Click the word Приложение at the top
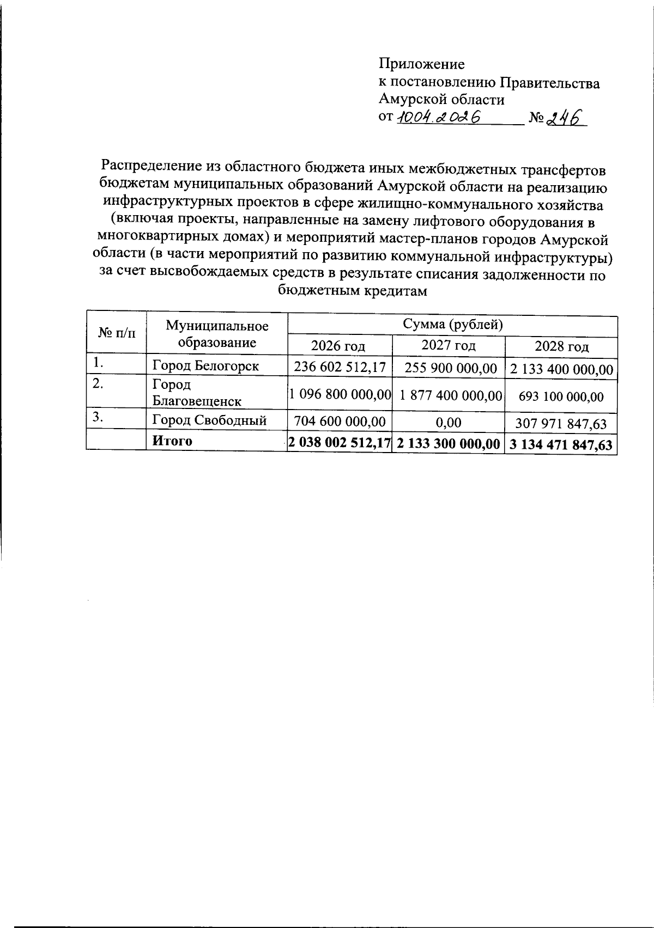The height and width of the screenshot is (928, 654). click(x=422, y=64)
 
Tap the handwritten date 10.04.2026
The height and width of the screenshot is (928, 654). click(x=439, y=117)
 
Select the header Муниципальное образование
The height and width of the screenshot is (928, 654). click(x=217, y=334)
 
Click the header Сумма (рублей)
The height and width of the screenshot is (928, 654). click(x=452, y=325)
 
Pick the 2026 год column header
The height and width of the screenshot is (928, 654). click(x=338, y=346)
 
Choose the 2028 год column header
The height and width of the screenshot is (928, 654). click(x=561, y=346)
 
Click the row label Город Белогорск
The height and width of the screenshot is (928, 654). click(x=205, y=365)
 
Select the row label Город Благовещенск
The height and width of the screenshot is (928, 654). click(x=196, y=393)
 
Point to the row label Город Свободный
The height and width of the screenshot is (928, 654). click(x=209, y=420)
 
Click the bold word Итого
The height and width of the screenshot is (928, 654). click(x=172, y=441)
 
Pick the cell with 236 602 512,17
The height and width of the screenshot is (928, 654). click(x=340, y=367)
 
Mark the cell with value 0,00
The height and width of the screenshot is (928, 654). click(x=449, y=422)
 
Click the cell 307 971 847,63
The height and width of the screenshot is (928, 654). click(x=561, y=423)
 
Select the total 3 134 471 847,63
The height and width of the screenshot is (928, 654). click(x=561, y=444)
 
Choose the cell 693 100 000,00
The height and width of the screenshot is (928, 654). click(x=561, y=396)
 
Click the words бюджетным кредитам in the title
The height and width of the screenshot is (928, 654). click(x=352, y=290)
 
